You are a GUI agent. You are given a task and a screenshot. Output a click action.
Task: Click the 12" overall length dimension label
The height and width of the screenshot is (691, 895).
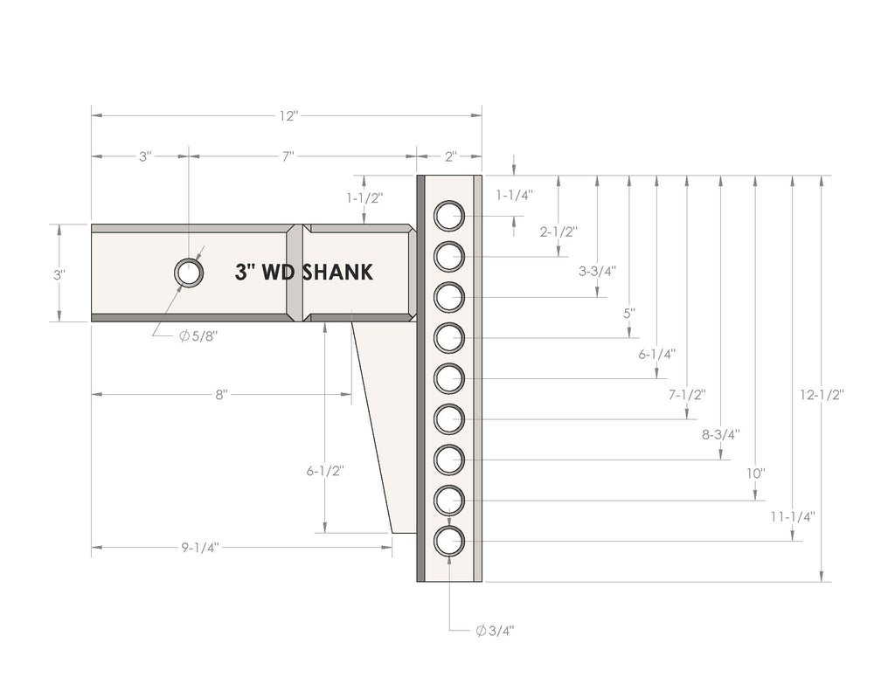click(288, 116)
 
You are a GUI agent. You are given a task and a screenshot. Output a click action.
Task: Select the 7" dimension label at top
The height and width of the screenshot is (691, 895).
click(288, 156)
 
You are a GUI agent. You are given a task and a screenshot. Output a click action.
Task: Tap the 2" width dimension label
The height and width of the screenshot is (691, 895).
click(451, 156)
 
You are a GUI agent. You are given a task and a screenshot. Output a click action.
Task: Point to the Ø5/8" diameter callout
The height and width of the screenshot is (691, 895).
click(198, 336)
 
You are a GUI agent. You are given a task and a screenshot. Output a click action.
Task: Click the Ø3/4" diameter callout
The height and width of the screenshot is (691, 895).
click(495, 631)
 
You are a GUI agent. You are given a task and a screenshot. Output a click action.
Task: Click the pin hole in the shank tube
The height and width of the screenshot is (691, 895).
click(189, 273)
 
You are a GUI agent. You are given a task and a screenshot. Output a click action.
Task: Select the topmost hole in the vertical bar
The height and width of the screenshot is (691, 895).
click(449, 216)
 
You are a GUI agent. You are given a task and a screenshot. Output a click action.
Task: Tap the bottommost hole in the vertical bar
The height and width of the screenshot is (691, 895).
click(449, 542)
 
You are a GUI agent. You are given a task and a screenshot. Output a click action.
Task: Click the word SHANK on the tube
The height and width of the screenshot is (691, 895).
click(337, 273)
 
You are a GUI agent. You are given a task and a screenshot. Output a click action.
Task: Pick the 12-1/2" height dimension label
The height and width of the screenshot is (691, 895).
click(822, 395)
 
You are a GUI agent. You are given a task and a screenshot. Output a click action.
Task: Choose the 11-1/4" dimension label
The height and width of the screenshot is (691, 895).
click(792, 517)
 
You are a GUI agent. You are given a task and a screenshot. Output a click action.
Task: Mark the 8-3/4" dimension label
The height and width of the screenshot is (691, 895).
click(720, 435)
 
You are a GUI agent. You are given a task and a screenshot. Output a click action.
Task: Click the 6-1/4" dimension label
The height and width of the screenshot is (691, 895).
click(656, 355)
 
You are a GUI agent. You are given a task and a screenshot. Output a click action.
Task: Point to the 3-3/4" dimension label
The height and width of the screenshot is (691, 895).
click(597, 271)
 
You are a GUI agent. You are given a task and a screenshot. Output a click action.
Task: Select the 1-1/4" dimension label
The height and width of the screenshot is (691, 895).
click(514, 195)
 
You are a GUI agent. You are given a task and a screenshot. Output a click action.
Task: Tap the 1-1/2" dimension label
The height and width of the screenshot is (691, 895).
click(364, 198)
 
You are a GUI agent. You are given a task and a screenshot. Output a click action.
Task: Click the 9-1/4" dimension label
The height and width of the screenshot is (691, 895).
click(200, 548)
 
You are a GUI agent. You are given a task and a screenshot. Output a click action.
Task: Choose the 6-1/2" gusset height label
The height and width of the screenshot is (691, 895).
click(325, 472)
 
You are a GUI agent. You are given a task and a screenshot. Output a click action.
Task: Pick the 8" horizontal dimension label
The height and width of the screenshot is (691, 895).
click(221, 394)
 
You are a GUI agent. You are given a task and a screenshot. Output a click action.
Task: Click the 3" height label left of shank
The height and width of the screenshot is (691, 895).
click(59, 274)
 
